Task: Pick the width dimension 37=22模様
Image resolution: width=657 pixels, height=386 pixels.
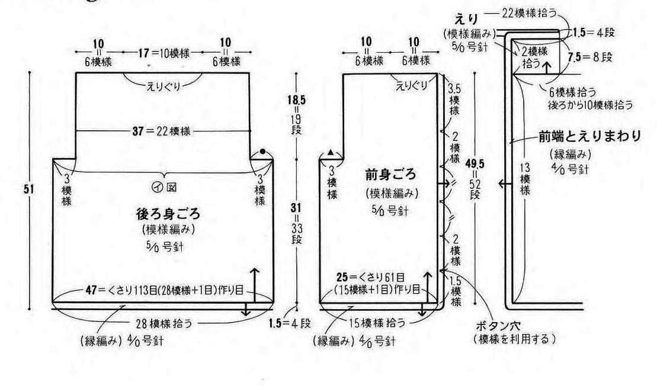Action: click(162, 130)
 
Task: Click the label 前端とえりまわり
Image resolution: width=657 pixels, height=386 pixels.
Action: click(589, 137)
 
